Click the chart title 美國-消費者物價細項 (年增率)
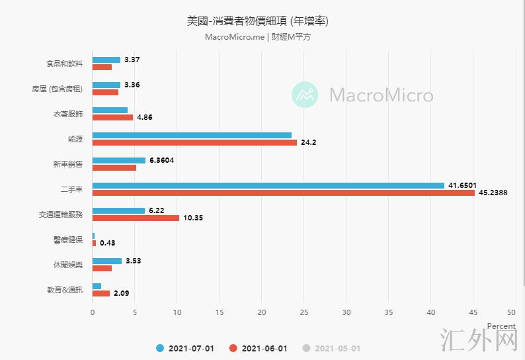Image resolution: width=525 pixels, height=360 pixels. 258,21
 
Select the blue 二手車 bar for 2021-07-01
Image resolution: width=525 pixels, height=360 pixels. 268,185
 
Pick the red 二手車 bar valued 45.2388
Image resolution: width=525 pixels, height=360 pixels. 283,193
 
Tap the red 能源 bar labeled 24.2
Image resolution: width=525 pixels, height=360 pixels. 194,142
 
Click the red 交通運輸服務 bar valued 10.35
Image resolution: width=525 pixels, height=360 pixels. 136,218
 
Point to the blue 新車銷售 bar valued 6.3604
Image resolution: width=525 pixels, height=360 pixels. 119,160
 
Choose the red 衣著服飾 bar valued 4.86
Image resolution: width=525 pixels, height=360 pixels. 112,117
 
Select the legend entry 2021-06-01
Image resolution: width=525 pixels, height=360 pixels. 259,348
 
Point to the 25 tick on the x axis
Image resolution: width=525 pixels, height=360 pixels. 304,312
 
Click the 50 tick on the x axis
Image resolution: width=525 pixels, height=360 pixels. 511,312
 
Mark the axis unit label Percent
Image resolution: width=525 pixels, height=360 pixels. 501,326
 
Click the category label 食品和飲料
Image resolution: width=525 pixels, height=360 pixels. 65,64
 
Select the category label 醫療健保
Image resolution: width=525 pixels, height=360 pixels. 68,240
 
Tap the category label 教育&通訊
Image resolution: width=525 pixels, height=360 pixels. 65,290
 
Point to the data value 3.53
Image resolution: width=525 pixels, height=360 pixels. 133,261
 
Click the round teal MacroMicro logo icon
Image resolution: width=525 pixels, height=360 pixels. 305,95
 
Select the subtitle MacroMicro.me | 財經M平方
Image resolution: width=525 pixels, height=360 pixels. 258,37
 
